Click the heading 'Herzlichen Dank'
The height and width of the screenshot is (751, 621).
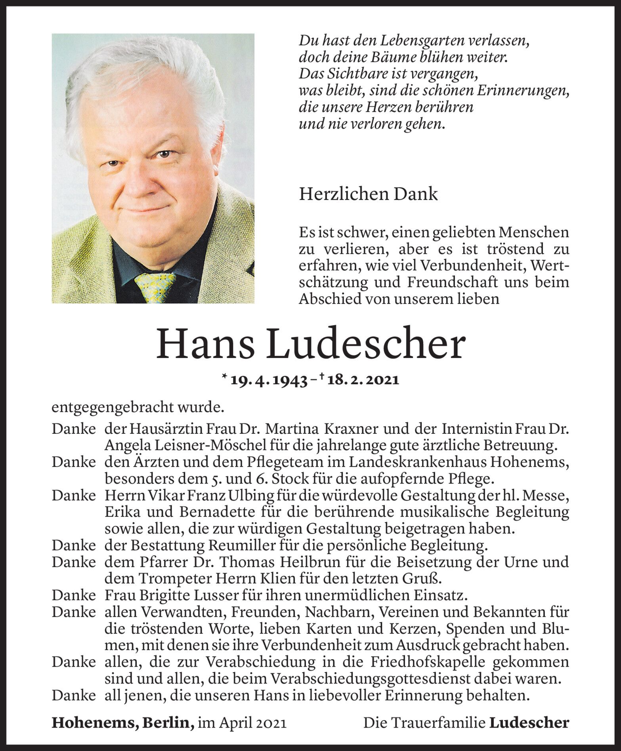point(368,194)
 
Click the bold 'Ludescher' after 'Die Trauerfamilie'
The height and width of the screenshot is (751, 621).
point(529,723)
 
